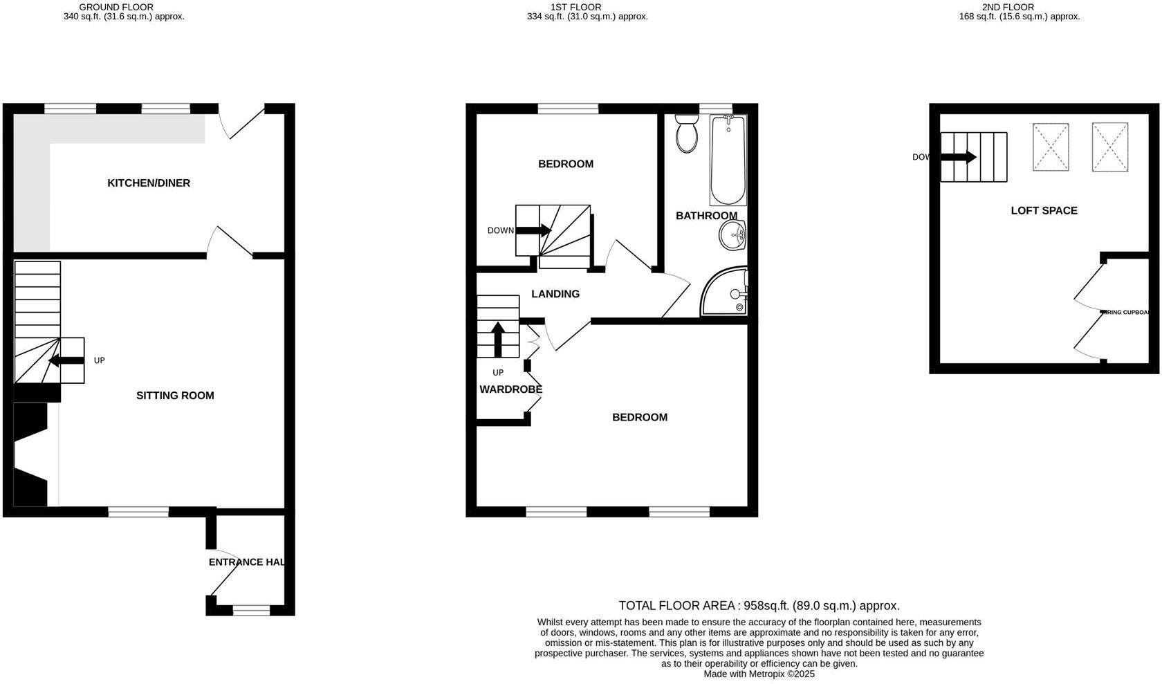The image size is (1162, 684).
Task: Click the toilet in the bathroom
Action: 687,135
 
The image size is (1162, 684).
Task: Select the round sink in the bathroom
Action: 731,237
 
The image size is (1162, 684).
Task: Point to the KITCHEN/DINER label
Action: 149,183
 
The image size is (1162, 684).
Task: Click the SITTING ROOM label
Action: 175,396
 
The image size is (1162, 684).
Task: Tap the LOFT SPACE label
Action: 1044,211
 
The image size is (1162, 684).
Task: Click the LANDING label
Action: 555,294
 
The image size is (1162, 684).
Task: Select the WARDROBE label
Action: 510,389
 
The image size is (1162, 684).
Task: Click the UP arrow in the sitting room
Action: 66,360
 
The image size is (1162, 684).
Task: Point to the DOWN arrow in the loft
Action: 958,158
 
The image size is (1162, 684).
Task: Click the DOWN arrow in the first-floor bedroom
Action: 533,230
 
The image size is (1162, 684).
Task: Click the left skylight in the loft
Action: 1050,147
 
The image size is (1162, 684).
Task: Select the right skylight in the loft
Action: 1109,147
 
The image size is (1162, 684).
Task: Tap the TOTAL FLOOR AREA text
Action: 759,606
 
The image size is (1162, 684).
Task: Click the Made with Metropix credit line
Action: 759,674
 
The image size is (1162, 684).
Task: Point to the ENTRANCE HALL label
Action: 246,562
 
